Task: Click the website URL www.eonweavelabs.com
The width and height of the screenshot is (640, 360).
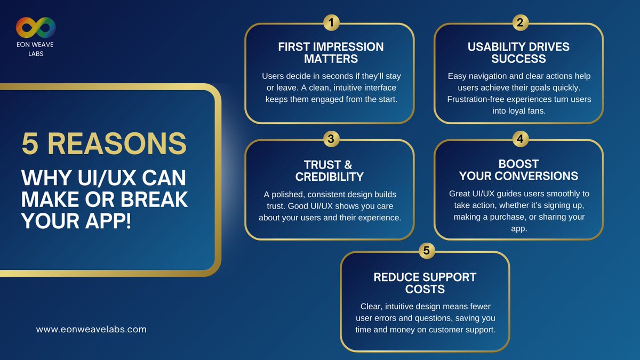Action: (x=91, y=330)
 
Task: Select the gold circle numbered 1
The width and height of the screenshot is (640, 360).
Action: (x=331, y=23)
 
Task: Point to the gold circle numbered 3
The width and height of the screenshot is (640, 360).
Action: (x=331, y=139)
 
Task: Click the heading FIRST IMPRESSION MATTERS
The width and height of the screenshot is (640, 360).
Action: (x=331, y=52)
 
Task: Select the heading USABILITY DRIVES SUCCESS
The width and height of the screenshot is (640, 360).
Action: (x=518, y=52)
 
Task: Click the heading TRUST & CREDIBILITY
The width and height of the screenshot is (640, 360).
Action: (x=330, y=170)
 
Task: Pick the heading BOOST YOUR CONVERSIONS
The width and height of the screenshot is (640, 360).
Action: (x=518, y=170)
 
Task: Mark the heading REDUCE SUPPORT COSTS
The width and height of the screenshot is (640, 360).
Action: (x=425, y=283)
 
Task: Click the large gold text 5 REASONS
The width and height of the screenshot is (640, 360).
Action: (x=105, y=143)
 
